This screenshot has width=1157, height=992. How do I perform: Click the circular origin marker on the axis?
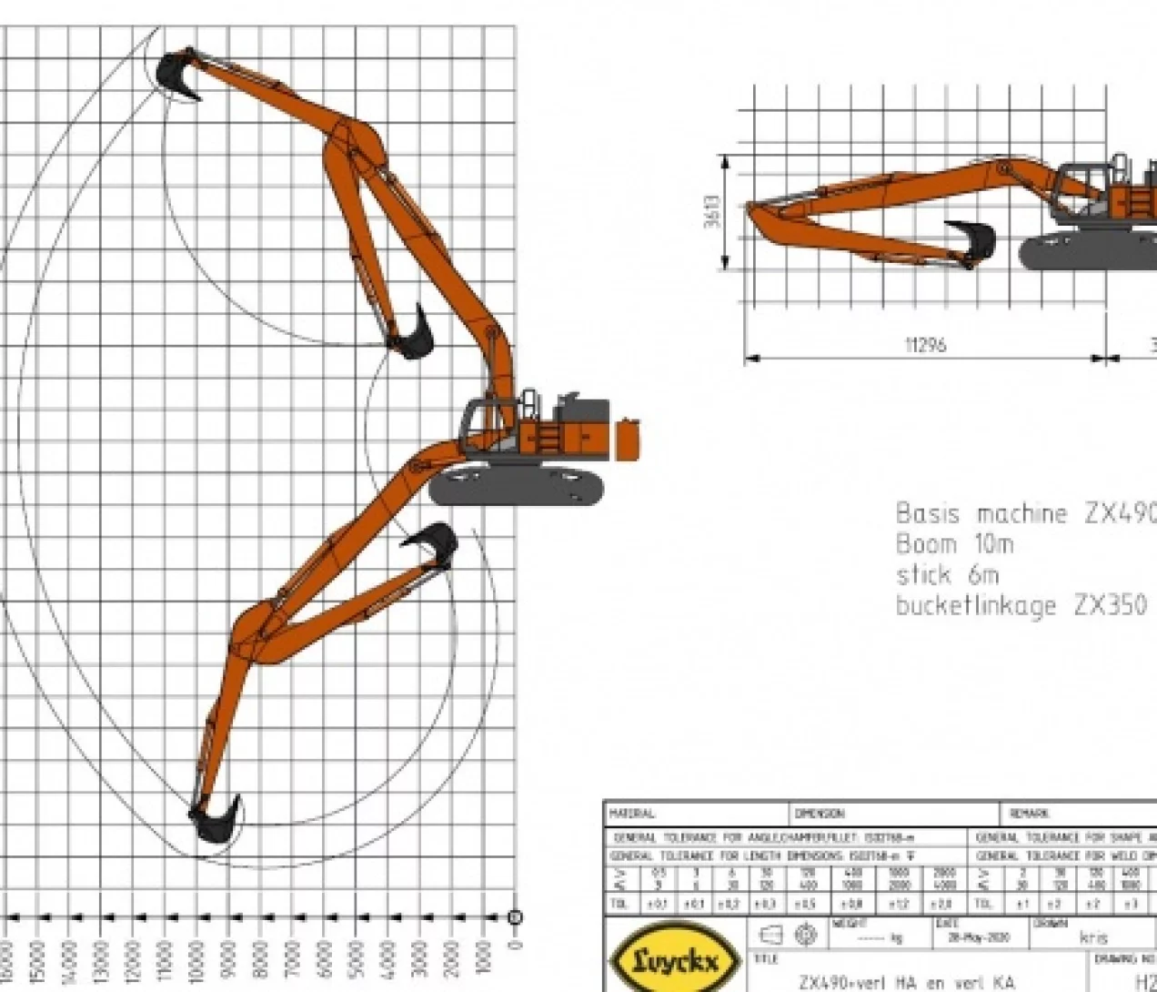[x=515, y=917]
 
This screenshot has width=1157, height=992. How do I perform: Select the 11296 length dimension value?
[x=924, y=345]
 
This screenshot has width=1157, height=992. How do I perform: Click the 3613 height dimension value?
[x=714, y=212]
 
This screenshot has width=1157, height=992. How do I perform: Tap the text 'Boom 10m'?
[x=954, y=544]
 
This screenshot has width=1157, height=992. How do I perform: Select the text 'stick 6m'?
[x=947, y=575]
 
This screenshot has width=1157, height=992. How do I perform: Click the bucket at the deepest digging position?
[x=215, y=819]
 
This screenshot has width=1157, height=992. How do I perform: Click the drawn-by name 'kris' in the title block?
[x=1093, y=936]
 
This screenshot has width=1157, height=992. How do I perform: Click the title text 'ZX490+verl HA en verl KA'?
[x=906, y=982]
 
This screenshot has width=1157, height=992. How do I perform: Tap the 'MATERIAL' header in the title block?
[x=633, y=813]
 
